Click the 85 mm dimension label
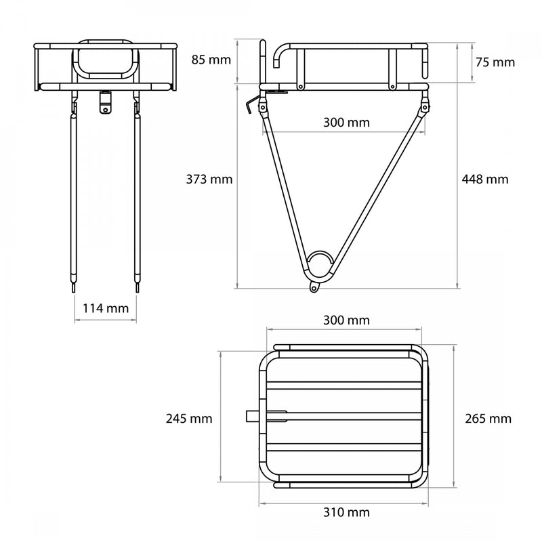point(211,59)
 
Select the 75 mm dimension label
point(495,62)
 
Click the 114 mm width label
point(105,308)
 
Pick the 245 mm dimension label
point(189,419)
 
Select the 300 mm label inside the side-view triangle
point(346,123)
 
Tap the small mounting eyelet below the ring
point(314,288)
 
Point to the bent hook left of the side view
point(253,105)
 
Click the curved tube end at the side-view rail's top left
point(280,54)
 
